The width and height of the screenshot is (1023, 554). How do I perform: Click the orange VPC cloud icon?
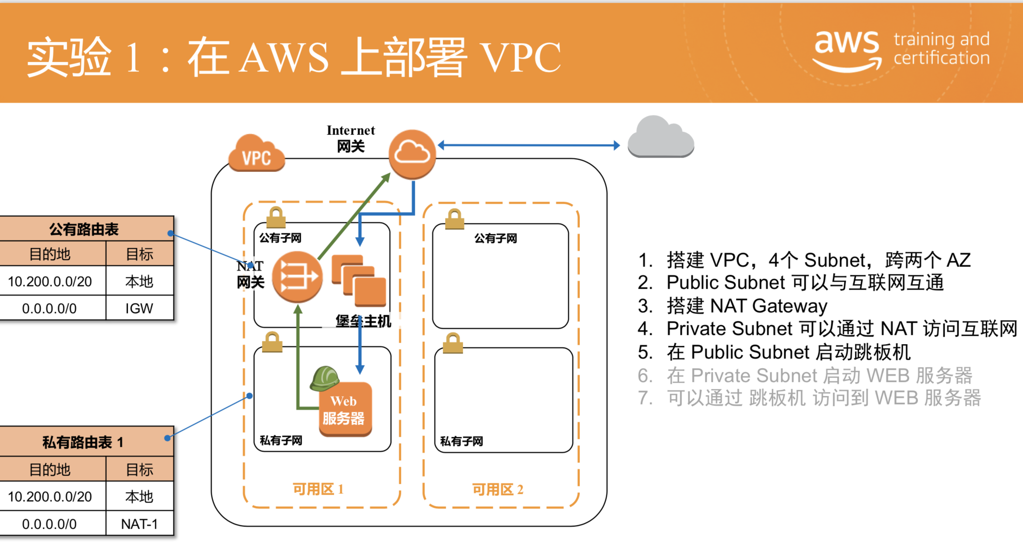(x=257, y=153)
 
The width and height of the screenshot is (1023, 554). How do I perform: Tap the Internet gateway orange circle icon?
(x=412, y=154)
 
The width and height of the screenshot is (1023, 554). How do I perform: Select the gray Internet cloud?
(x=661, y=136)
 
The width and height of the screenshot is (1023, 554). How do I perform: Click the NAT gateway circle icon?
(x=297, y=277)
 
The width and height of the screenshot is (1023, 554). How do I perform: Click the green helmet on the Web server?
(x=325, y=378)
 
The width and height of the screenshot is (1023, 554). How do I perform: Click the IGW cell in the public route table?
(x=139, y=308)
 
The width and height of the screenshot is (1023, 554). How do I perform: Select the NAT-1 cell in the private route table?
(x=139, y=524)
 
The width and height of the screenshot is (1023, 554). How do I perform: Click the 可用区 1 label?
(x=318, y=489)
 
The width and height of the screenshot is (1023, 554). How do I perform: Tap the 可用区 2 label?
(x=498, y=490)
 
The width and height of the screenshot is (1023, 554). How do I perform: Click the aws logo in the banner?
(x=847, y=50)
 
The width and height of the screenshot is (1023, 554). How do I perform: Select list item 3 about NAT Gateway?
(x=733, y=306)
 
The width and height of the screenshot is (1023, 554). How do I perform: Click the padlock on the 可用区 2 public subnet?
(x=454, y=219)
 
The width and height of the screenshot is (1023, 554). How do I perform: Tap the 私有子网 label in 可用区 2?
(x=461, y=441)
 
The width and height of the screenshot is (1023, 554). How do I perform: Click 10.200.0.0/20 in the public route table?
(x=50, y=282)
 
